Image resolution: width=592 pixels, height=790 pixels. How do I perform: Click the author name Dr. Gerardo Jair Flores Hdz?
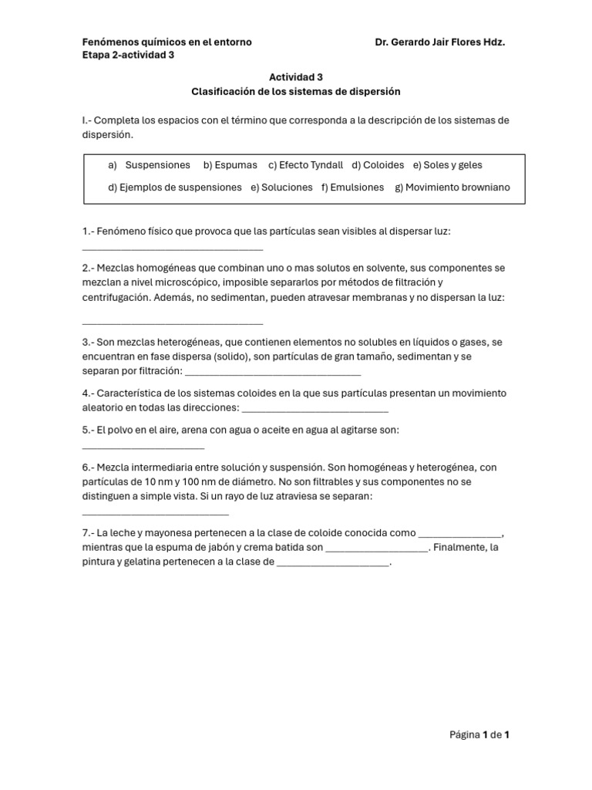click(x=439, y=42)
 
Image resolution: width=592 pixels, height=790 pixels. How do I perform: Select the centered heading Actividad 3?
click(x=296, y=77)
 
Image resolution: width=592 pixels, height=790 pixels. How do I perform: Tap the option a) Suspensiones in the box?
click(x=150, y=165)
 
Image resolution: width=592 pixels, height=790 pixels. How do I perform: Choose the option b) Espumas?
click(x=230, y=165)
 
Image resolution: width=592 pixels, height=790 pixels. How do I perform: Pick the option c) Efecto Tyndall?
click(x=305, y=165)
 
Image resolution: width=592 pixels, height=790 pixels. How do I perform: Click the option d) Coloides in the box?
click(x=378, y=165)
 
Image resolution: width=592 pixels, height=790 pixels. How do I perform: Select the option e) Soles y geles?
click(x=448, y=165)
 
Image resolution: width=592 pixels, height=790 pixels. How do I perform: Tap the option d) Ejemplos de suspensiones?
click(x=175, y=187)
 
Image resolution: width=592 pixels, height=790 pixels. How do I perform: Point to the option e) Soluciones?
click(x=281, y=187)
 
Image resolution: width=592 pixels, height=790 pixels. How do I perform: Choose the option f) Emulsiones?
click(x=352, y=187)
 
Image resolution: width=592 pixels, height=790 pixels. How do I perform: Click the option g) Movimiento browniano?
click(x=452, y=187)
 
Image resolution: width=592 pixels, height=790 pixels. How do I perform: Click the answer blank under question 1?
click(x=172, y=248)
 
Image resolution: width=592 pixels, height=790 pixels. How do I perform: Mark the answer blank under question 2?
click(x=172, y=322)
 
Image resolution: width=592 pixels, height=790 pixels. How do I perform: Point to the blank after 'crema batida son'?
click(x=377, y=549)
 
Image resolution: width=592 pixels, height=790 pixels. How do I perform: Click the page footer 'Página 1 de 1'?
click(x=479, y=735)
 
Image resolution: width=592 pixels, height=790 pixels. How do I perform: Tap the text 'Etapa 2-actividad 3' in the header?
click(x=128, y=55)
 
